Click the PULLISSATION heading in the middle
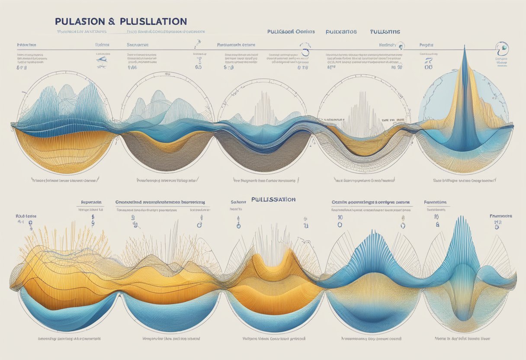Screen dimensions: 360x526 273,199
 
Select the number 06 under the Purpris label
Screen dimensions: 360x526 429,67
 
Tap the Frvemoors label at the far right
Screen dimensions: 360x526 500,215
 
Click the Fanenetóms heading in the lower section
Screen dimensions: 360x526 436,202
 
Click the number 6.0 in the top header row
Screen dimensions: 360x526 199,67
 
